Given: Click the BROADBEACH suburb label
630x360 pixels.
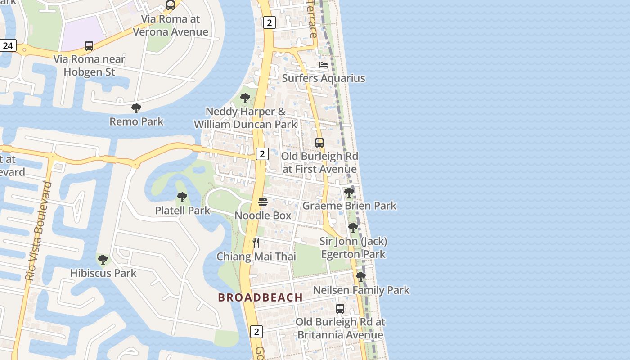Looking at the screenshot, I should (260, 297).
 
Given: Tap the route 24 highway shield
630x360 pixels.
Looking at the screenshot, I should (8, 46).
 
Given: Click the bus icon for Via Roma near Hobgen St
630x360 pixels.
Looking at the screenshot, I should (89, 46).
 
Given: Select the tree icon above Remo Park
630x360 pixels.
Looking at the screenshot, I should (136, 108).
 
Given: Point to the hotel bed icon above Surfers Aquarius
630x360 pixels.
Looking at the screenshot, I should (324, 65).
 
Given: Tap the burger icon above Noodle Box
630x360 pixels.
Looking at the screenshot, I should (263, 202).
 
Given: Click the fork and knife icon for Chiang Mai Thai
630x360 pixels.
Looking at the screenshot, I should (256, 243).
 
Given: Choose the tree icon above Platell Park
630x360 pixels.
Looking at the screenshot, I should (182, 197).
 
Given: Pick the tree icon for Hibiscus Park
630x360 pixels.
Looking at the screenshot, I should (103, 260).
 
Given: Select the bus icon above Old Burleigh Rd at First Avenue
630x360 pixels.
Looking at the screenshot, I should (319, 143).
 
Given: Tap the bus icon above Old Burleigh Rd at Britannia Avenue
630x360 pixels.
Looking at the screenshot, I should (340, 309).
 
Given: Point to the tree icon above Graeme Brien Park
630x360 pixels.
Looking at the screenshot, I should (349, 193).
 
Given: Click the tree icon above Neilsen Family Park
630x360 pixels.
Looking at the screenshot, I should (360, 277).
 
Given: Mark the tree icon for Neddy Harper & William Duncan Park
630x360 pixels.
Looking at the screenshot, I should (245, 98).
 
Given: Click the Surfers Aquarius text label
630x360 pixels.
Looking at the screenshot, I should (324, 78).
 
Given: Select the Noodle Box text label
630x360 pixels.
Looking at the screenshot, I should (263, 216).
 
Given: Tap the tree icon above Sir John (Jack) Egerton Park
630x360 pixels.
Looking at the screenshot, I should (353, 228).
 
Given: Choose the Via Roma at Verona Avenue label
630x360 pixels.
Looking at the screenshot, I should (171, 25).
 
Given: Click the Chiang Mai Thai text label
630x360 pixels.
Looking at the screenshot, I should (256, 256).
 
